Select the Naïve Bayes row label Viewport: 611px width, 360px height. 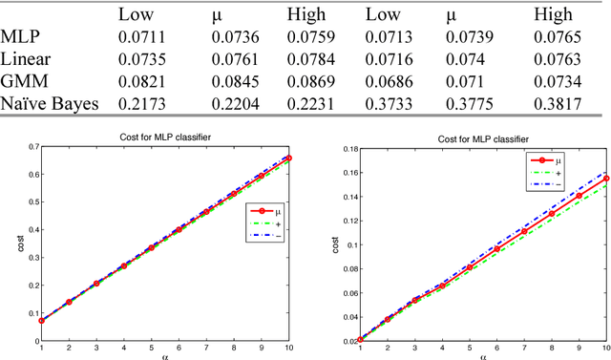[x=49, y=102]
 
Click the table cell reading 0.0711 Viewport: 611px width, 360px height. [x=140, y=37]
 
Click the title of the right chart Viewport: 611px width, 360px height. [x=474, y=138]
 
